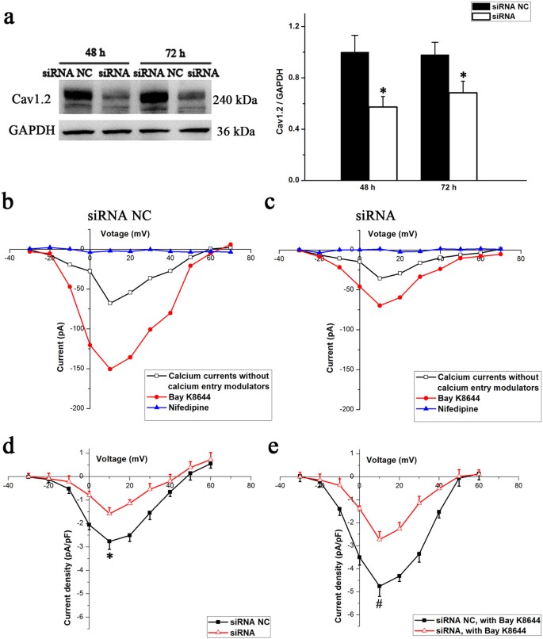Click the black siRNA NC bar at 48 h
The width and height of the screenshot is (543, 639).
click(x=354, y=116)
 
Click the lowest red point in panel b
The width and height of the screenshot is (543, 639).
click(x=110, y=369)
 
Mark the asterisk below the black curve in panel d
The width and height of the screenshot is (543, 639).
click(x=110, y=557)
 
